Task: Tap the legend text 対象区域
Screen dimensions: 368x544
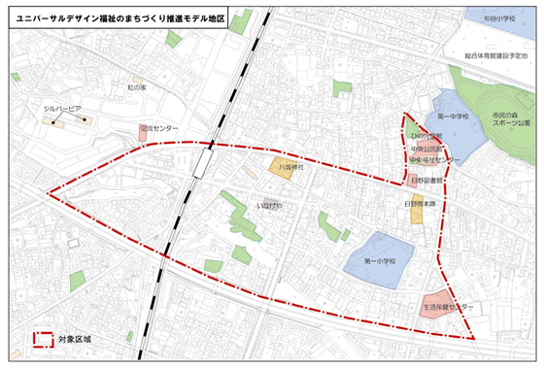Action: point(74,340)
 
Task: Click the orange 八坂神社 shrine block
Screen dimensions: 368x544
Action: point(282,167)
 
